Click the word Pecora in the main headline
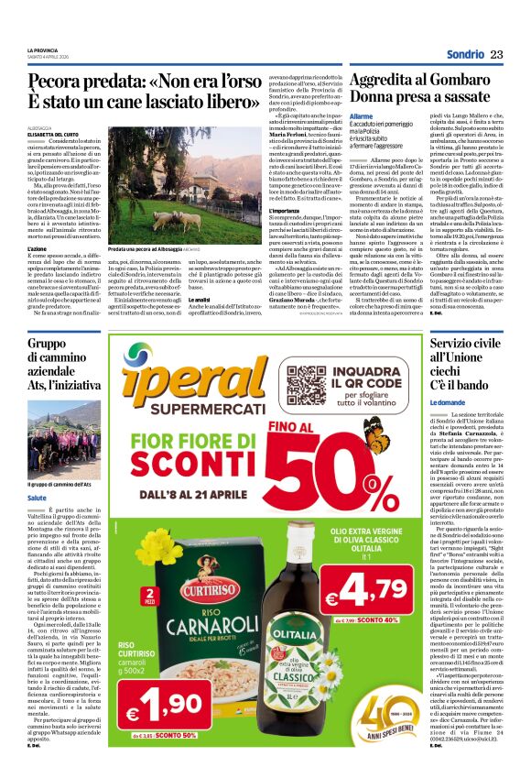click(x=53, y=81)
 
